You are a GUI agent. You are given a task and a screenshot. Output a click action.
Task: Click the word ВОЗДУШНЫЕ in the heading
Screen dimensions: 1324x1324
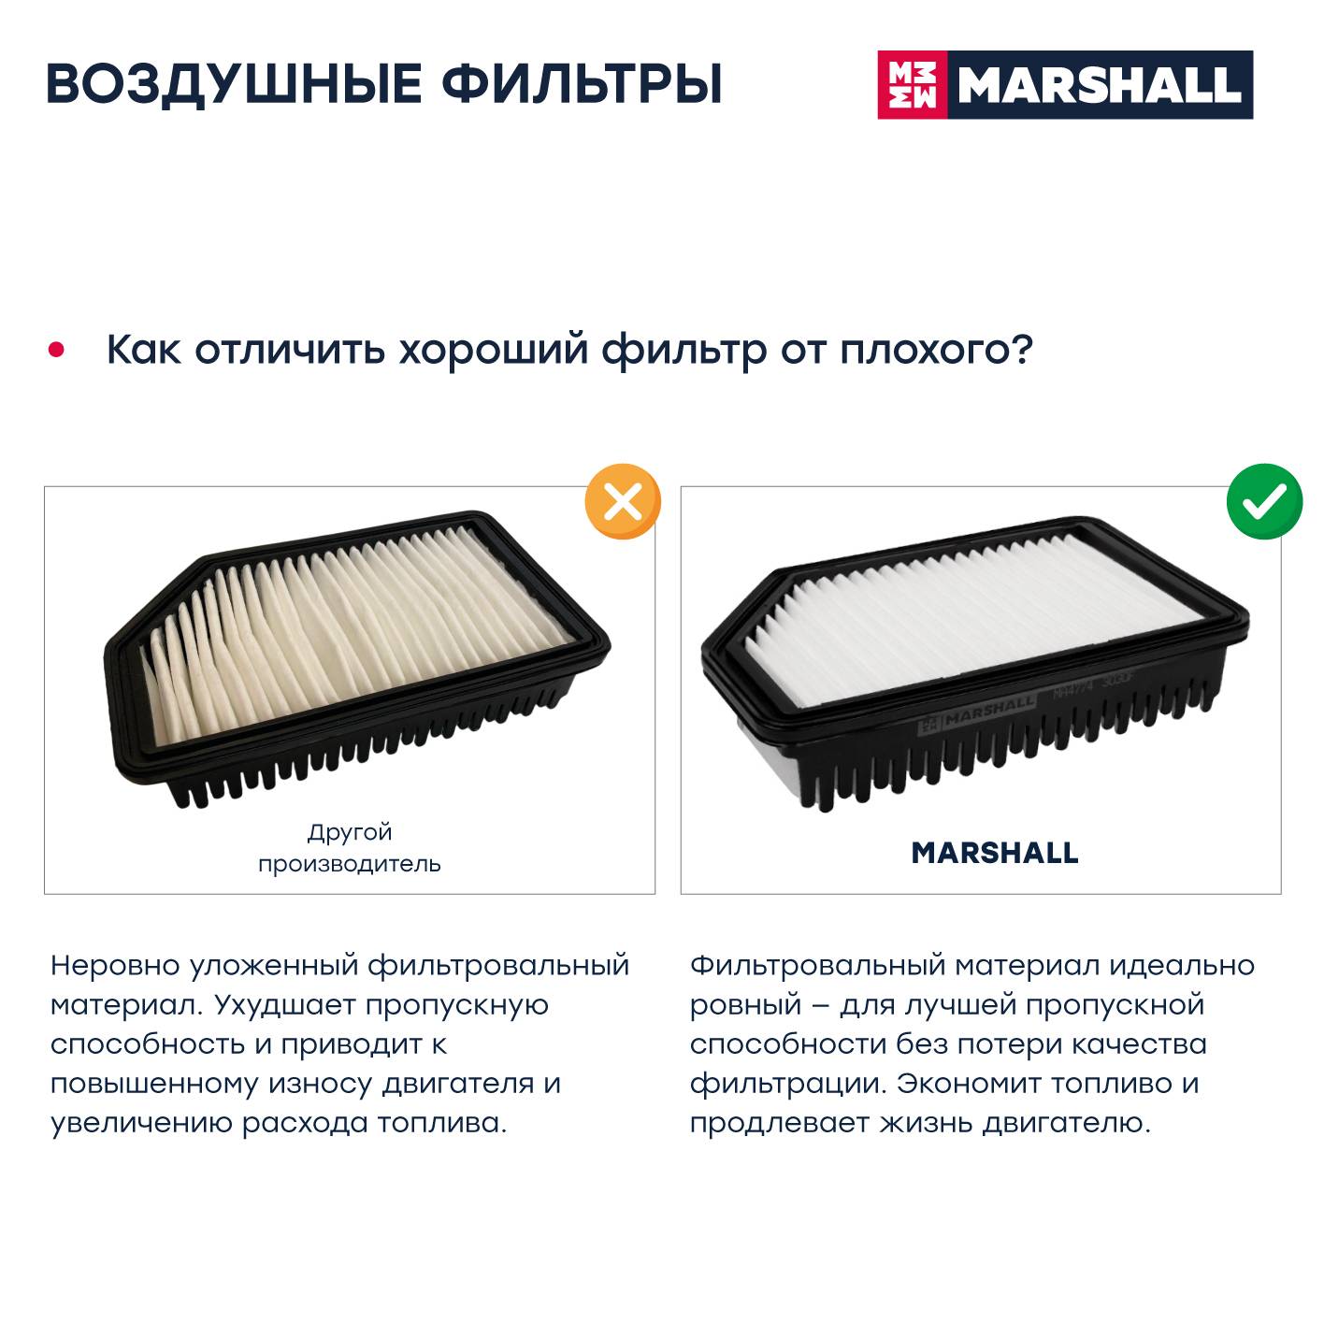(x=234, y=85)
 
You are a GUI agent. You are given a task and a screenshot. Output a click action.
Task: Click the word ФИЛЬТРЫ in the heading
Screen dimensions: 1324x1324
(x=582, y=84)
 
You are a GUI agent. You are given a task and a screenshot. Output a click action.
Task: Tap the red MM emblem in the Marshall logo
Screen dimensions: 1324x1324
(x=913, y=84)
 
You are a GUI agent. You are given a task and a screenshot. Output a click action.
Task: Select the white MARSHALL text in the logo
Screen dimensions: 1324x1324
(x=1100, y=85)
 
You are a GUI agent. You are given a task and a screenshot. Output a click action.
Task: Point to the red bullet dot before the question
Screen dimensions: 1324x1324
(x=56, y=351)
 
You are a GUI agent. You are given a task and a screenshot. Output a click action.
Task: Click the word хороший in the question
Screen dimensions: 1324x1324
(x=494, y=351)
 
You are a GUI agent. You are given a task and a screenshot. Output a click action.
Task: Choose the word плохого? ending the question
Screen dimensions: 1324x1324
(x=937, y=351)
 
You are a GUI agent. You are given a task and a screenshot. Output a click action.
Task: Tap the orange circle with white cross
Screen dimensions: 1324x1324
(x=623, y=501)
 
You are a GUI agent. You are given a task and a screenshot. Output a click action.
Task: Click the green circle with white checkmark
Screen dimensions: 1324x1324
(x=1264, y=501)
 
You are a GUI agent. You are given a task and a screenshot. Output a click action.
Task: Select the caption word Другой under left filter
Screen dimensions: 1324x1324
(x=350, y=833)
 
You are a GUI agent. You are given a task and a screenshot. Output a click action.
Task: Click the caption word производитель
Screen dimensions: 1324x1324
(x=350, y=864)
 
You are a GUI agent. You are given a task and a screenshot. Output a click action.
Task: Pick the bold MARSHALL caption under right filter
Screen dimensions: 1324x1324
(x=995, y=853)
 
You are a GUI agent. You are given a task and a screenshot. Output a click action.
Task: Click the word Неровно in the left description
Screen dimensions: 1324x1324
(x=115, y=965)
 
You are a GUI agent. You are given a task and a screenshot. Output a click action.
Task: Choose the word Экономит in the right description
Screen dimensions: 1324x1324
(x=968, y=1085)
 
